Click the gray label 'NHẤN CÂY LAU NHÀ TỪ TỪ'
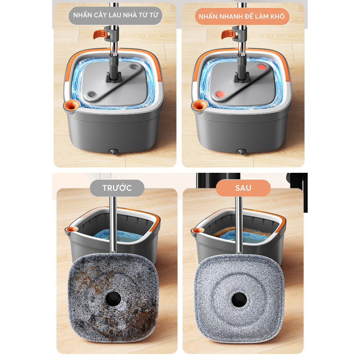pyautogui.click(x=115, y=15)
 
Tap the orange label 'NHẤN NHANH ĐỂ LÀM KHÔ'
pyautogui.click(x=242, y=16)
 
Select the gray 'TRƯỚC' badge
pyautogui.click(x=117, y=188)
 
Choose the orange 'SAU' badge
pyautogui.click(x=243, y=188)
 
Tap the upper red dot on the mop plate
pyautogui.click(x=261, y=67)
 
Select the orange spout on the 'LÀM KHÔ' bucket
pyautogui.click(x=199, y=105)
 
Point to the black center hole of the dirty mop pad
pyautogui.click(x=113, y=299)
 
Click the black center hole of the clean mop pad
pyautogui.click(x=239, y=300)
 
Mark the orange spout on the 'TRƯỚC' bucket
pyautogui.click(x=71, y=229)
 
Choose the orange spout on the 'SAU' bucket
pyautogui.click(x=198, y=230)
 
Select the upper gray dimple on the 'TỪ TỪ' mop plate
pyautogui.click(x=134, y=67)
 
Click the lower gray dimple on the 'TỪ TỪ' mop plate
pyautogui.click(x=92, y=94)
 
